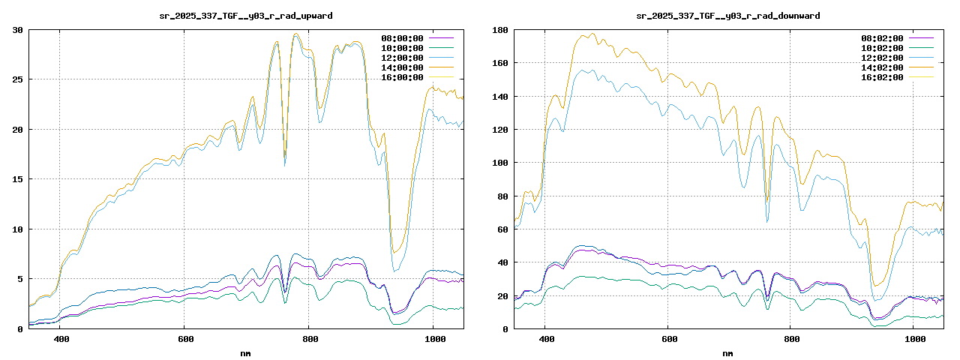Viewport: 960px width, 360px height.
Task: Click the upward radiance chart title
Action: [247, 15]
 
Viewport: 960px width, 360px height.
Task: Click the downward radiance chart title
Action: [727, 15]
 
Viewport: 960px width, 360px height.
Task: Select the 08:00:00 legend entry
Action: [403, 38]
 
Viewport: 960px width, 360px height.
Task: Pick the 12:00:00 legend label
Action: [403, 58]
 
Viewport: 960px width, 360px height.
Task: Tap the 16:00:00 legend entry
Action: [403, 77]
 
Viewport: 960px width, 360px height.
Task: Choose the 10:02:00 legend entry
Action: [883, 48]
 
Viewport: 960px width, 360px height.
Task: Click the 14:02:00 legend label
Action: [883, 67]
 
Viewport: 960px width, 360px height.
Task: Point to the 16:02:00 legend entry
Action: [883, 77]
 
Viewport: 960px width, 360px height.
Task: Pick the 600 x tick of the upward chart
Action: [184, 339]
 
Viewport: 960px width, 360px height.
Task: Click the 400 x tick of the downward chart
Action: [546, 339]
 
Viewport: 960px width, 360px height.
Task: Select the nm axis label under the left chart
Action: [246, 352]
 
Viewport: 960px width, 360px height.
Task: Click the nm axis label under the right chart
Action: [727, 352]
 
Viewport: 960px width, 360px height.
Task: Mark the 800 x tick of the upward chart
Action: [309, 339]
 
